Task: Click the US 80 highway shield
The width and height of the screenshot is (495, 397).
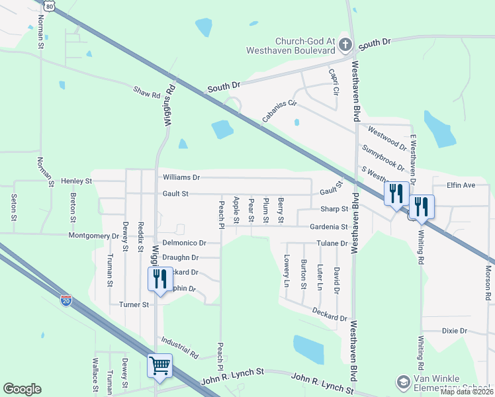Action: pos(51,5)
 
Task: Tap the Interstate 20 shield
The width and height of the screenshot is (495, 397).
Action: pos(66,301)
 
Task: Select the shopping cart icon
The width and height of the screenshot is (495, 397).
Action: pos(159,365)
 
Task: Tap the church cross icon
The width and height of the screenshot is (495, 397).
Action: pos(344,45)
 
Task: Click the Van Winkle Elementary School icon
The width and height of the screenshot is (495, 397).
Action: pos(403,382)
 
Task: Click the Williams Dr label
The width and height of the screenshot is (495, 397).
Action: pos(181,177)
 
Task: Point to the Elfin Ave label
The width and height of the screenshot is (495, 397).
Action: pos(461,185)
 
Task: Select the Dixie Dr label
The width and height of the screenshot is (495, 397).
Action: pos(454,330)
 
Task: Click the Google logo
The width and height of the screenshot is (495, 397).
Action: pos(22,389)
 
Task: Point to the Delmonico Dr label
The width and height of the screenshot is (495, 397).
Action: pos(185,243)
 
